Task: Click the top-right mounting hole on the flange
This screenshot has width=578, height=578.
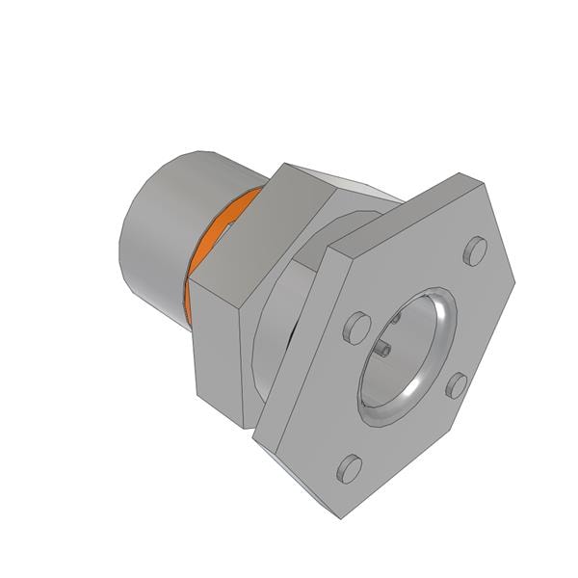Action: (473, 251)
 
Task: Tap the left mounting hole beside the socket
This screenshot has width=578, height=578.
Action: (356, 325)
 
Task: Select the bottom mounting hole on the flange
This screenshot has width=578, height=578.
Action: (349, 468)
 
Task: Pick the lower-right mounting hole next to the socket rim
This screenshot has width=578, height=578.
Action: (457, 385)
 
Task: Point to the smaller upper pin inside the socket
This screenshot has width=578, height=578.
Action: (396, 319)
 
